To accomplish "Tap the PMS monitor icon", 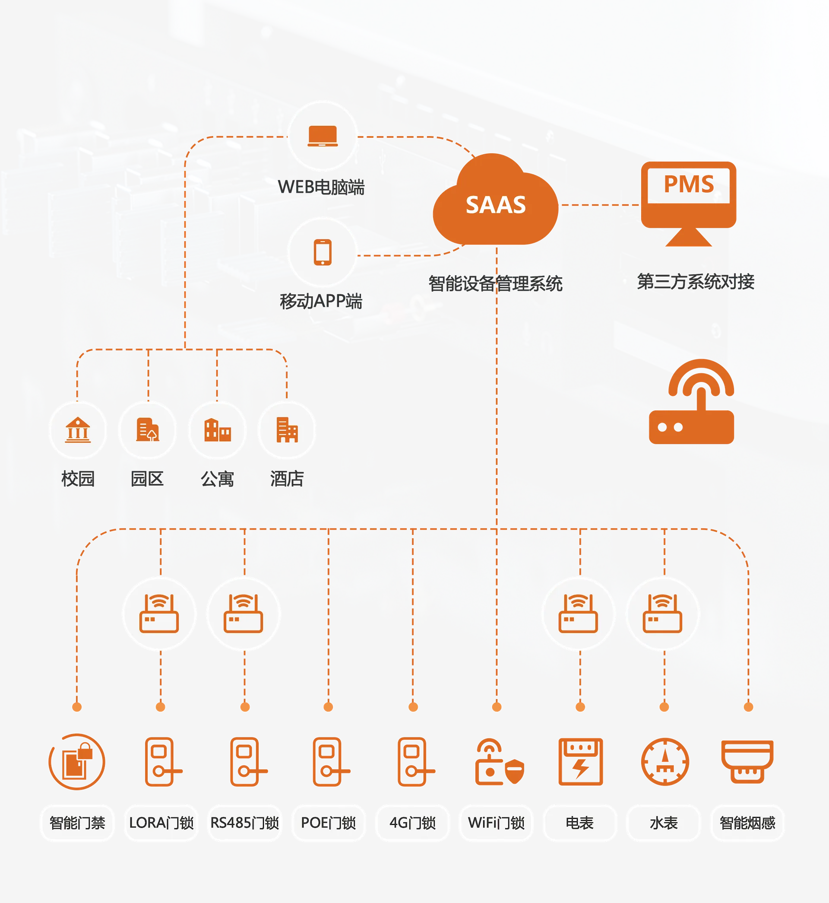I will [x=688, y=200].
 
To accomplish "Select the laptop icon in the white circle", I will [x=323, y=136].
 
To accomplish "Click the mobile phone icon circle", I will [x=323, y=252].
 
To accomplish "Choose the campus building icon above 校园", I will [x=78, y=430].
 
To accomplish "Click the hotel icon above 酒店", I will [x=287, y=430].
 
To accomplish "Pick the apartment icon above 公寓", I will [x=217, y=430].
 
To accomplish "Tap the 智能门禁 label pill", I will [x=77, y=823].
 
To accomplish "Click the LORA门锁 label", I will [x=161, y=823].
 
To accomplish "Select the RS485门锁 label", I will [x=245, y=823].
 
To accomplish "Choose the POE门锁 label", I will [x=329, y=823].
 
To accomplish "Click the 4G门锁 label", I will [x=412, y=823].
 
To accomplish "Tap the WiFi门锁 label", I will [x=496, y=823].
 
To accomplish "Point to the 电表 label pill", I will [x=579, y=823].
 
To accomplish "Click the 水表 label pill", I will [x=664, y=823].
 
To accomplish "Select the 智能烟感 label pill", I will [x=747, y=823].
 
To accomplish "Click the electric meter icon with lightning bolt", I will [x=580, y=761].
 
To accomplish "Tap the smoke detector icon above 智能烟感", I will [x=747, y=761].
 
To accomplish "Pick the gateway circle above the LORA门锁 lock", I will [x=159, y=614].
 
